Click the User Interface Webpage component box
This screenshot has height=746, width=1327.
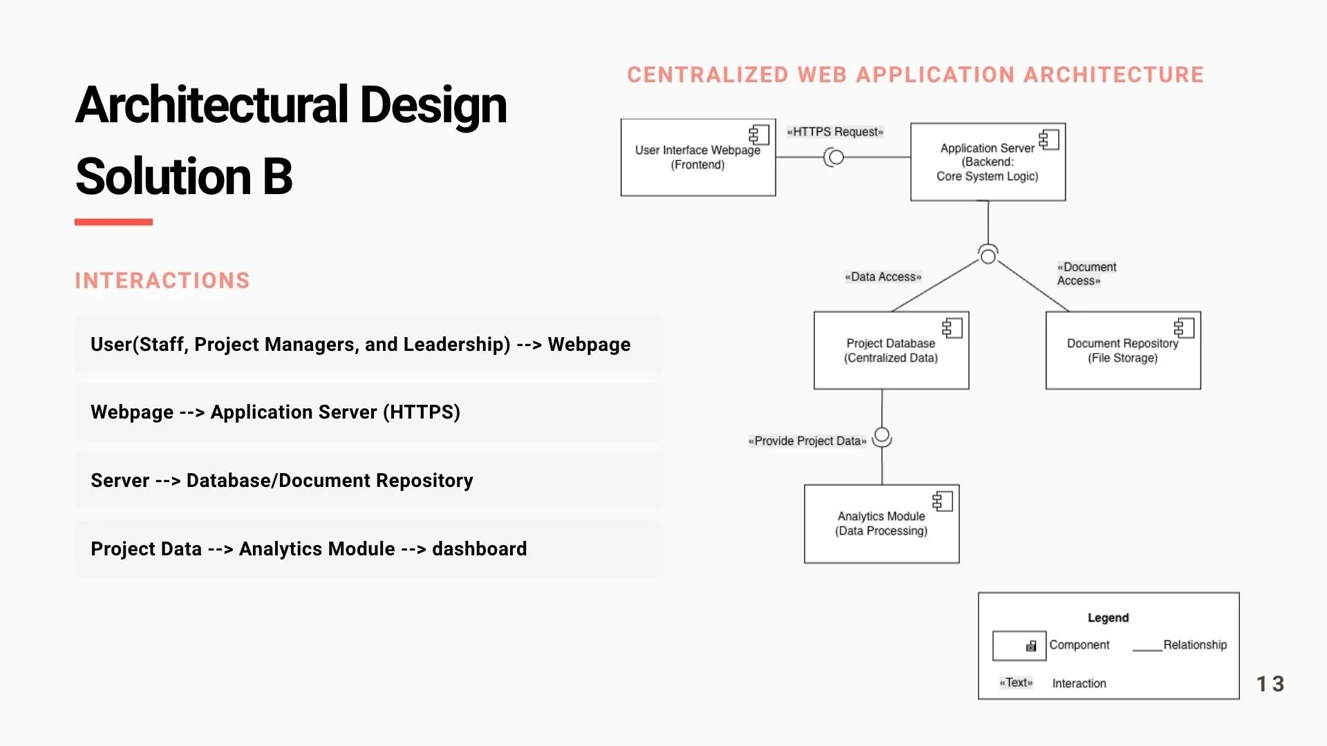click(698, 157)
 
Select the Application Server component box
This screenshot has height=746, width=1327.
click(988, 162)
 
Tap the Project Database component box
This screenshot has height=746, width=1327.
click(891, 350)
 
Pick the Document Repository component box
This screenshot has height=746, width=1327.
click(1123, 350)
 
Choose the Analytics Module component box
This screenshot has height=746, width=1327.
click(881, 524)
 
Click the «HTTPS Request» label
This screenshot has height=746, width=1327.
click(835, 132)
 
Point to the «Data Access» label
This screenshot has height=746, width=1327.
click(883, 277)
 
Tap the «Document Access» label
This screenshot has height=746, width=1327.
click(1086, 274)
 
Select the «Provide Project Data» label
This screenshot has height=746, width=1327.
click(807, 441)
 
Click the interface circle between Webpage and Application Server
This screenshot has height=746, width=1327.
click(836, 157)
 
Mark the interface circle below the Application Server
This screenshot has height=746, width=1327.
click(988, 256)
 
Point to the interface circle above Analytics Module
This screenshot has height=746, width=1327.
click(882, 436)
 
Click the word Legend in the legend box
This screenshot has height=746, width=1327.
click(1108, 618)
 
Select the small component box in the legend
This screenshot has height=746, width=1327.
click(1019, 646)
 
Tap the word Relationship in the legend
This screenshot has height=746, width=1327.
click(1195, 644)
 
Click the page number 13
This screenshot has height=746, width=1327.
click(1270, 684)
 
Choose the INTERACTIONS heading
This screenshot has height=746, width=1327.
click(162, 280)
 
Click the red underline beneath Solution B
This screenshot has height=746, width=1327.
click(113, 222)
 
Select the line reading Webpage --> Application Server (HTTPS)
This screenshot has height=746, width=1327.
click(275, 412)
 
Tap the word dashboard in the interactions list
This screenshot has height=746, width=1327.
click(479, 549)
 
